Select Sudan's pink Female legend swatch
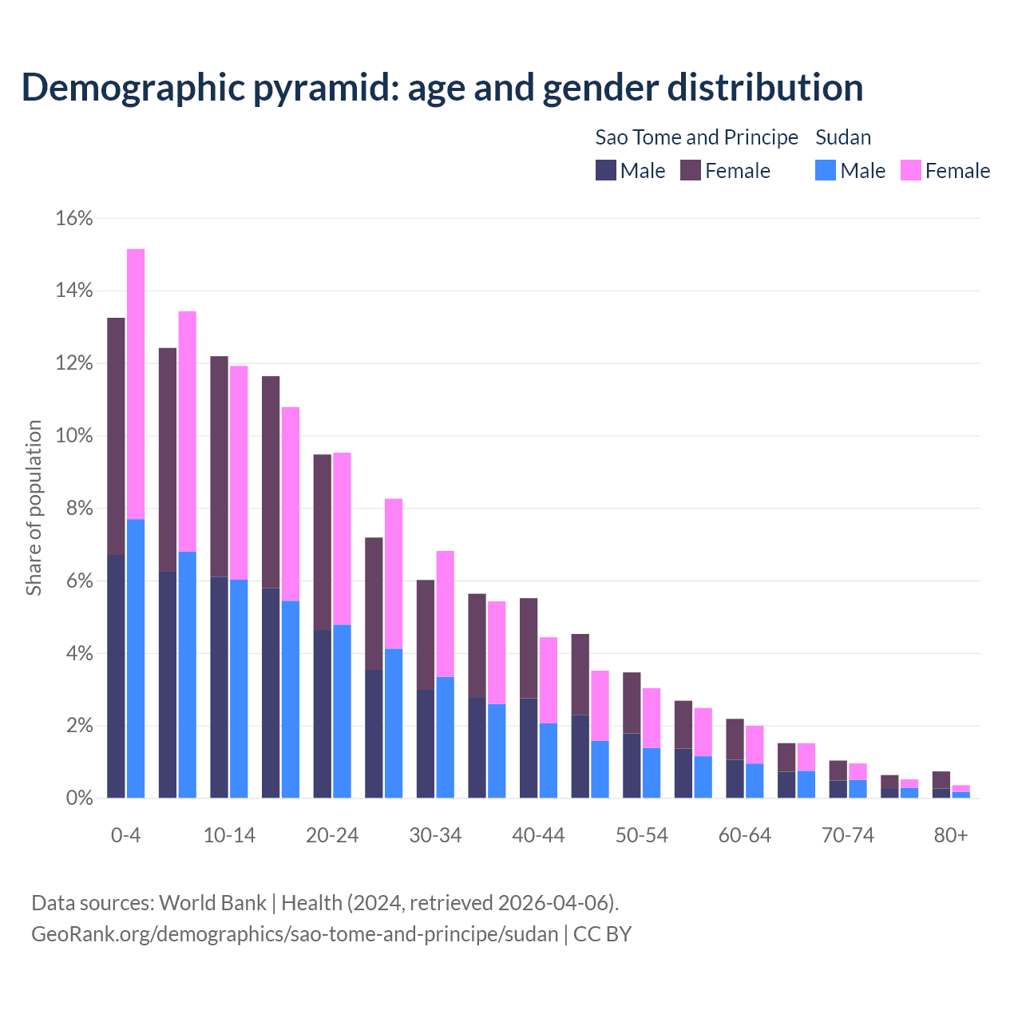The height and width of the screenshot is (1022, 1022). click(910, 170)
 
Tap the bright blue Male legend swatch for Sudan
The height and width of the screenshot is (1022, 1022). click(826, 170)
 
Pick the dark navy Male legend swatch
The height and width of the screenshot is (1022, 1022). click(606, 170)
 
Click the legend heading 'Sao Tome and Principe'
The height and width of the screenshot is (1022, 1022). click(696, 137)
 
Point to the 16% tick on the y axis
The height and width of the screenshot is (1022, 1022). click(74, 218)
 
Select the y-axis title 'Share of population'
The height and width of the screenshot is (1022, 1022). click(34, 508)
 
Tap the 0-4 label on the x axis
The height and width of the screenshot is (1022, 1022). click(126, 835)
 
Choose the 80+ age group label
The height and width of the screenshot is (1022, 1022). click(951, 835)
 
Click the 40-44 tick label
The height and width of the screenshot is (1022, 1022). click(538, 835)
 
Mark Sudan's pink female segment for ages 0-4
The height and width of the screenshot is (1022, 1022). click(136, 383)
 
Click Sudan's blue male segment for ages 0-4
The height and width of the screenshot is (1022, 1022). click(136, 659)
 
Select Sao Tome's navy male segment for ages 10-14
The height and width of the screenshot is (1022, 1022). click(219, 687)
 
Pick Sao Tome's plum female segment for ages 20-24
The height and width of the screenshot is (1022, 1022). click(322, 543)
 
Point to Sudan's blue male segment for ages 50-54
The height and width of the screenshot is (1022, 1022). click(652, 773)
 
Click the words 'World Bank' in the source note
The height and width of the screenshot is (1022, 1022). click(212, 903)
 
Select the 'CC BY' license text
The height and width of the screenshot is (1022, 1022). click(602, 933)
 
